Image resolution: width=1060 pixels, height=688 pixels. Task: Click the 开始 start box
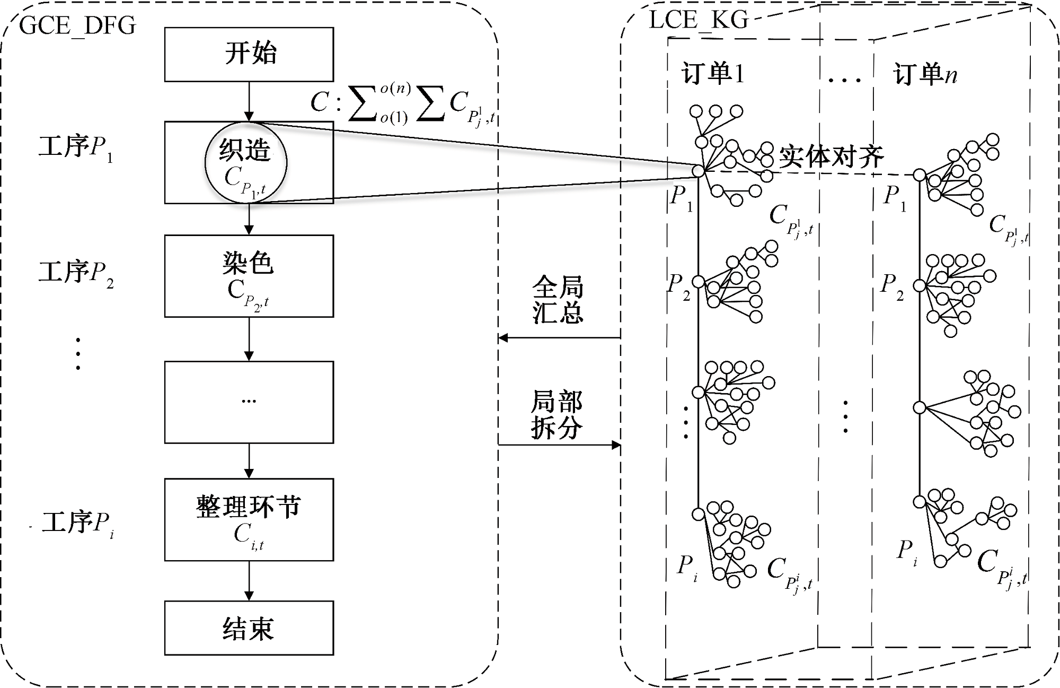249,54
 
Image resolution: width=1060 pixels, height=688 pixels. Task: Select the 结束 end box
249,628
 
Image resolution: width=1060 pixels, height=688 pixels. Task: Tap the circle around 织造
246,162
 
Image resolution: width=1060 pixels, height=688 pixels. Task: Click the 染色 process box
249,276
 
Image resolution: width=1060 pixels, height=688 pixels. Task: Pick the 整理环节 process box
249,519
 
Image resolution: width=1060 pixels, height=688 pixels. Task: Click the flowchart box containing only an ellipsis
249,402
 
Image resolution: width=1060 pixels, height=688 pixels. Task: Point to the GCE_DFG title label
77,25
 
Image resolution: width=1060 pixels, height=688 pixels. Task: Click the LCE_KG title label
698,20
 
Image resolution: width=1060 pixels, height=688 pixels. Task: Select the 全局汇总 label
558,300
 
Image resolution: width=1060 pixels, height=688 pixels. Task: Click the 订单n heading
925,74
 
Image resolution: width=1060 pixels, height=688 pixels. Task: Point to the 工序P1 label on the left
76,147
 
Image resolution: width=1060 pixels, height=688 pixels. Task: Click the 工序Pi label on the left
77,524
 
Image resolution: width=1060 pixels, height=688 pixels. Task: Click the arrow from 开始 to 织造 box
249,101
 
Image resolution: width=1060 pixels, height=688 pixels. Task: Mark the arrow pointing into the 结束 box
249,581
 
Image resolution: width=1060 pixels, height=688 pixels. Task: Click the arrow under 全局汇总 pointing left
559,337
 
